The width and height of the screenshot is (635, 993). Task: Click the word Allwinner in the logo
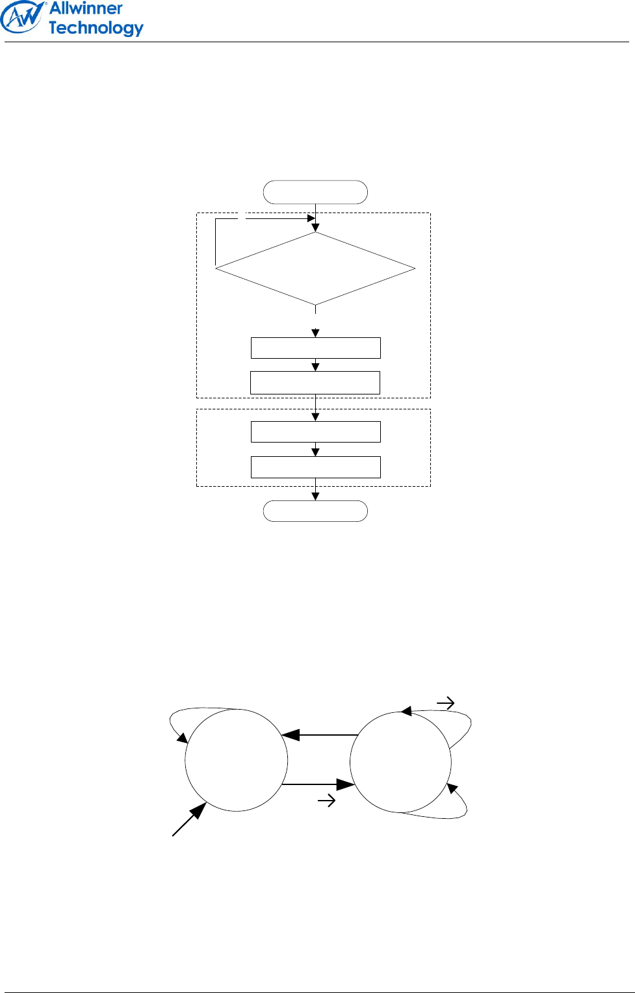tap(86, 8)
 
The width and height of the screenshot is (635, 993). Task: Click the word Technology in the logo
tap(96, 28)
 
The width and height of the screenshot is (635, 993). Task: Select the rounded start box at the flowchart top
tap(315, 192)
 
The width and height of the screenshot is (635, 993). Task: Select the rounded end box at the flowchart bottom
tap(315, 511)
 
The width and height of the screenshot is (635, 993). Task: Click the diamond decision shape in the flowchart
tap(315, 268)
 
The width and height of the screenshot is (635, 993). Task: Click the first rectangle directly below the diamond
tap(315, 348)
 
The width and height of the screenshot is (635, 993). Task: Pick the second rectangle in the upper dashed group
tap(315, 383)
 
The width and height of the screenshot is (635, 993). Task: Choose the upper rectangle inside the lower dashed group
tap(315, 432)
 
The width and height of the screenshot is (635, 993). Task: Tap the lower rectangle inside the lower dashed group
tap(315, 467)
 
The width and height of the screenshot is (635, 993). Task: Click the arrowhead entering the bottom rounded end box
tap(315, 497)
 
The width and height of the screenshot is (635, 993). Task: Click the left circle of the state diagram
tap(236, 760)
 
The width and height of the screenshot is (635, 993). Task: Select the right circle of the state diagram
tap(400, 762)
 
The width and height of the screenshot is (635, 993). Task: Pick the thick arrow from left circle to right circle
tap(318, 784)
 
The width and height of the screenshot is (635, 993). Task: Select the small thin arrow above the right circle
tap(446, 703)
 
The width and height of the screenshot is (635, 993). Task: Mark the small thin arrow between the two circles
tap(326, 801)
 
